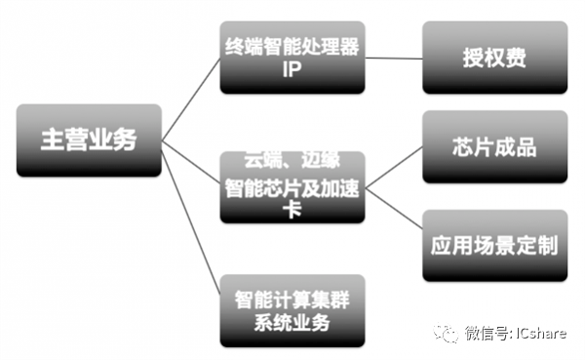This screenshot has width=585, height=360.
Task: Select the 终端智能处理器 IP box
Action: point(292,58)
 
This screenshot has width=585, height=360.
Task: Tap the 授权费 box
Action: point(494,58)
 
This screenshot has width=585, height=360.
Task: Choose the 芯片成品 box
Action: point(494,146)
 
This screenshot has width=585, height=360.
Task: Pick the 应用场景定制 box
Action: point(494,243)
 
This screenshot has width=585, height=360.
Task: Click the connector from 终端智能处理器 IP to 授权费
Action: point(393,58)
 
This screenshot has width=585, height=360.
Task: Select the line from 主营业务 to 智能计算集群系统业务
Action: point(191,223)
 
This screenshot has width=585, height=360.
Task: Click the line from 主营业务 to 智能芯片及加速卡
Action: point(191,163)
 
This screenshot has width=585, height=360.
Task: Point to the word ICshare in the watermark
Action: point(537,333)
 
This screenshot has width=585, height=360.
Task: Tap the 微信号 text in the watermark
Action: point(485,333)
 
